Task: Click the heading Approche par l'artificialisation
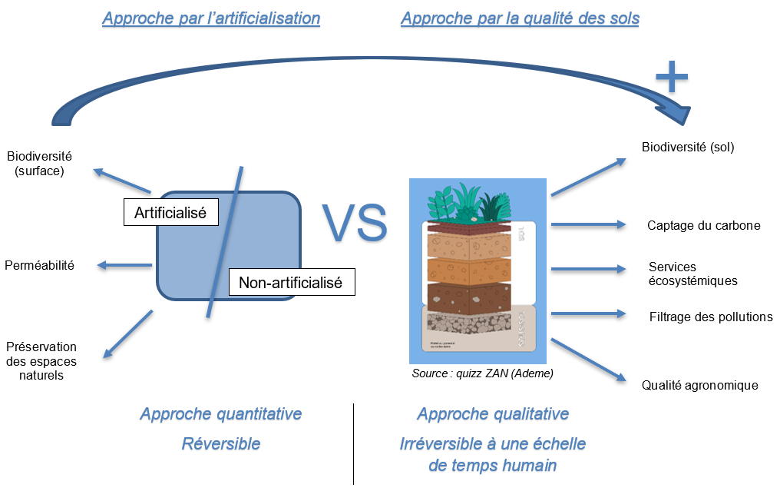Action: (x=211, y=18)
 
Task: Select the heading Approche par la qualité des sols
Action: (x=520, y=18)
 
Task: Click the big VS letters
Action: (x=354, y=223)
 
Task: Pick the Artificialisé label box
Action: (x=170, y=213)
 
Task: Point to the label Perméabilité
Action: (x=39, y=265)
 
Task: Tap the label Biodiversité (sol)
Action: (x=688, y=147)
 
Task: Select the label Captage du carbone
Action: (x=703, y=225)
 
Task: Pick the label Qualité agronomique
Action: (x=699, y=385)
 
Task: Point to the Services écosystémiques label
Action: (x=692, y=274)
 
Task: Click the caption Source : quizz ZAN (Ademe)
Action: (x=482, y=373)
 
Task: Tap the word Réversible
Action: (x=221, y=443)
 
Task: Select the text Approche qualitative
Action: (x=493, y=414)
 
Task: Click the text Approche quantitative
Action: (x=221, y=414)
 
